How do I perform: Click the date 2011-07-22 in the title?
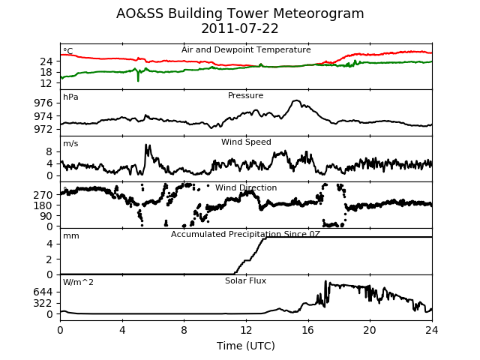coord(240,28)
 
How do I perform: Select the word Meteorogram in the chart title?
coord(318,13)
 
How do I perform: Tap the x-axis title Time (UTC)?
coord(246,346)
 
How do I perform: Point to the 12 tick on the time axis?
coord(246,330)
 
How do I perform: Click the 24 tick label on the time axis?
coord(432,330)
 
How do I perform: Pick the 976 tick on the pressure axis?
coord(43,103)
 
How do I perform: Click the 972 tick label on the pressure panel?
coord(43,129)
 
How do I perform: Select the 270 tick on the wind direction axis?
coord(43,195)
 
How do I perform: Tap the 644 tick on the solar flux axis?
coord(43,292)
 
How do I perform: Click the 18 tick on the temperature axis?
coord(46,72)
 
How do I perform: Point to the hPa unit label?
coord(70,97)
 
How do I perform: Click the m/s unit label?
coord(70,143)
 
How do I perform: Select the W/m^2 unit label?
coord(78,282)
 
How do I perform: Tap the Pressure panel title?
coord(245,95)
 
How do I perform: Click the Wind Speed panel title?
coord(246,142)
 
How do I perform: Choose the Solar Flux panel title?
coord(245,280)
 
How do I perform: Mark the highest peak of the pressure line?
coord(296,100)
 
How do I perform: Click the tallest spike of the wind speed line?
coord(146,145)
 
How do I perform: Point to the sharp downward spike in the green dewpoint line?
coord(138,80)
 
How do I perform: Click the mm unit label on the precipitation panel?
coord(71,236)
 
